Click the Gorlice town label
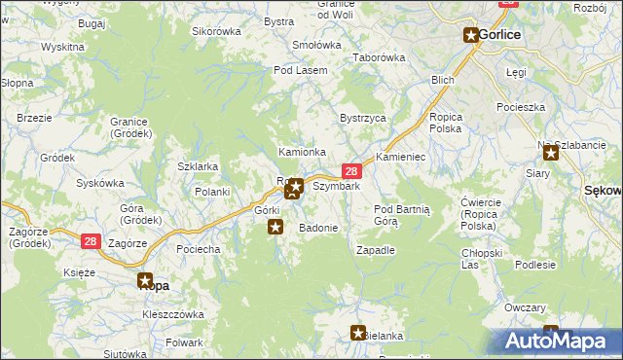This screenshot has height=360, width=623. click(x=501, y=35)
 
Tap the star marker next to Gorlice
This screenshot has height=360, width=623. click(x=471, y=36)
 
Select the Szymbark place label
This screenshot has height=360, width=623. click(x=337, y=186)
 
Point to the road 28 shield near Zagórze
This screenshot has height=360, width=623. click(x=90, y=240)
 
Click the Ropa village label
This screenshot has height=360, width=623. click(x=154, y=286)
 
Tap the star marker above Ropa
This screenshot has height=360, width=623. click(x=145, y=279)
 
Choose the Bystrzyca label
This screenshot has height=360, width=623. click(x=362, y=118)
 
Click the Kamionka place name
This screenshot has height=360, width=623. click(x=303, y=152)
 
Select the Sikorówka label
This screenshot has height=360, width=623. click(x=216, y=31)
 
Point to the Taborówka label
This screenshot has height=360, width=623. click(x=379, y=57)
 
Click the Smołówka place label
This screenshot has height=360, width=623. click(x=316, y=45)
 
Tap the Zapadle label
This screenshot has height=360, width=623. click(x=376, y=250)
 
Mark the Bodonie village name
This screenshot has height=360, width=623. click(x=318, y=228)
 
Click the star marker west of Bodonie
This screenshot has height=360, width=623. click(x=275, y=228)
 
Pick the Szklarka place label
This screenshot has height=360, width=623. click(x=198, y=166)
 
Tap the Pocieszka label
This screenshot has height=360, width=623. click(x=519, y=106)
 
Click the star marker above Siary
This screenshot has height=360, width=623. click(x=551, y=151)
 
